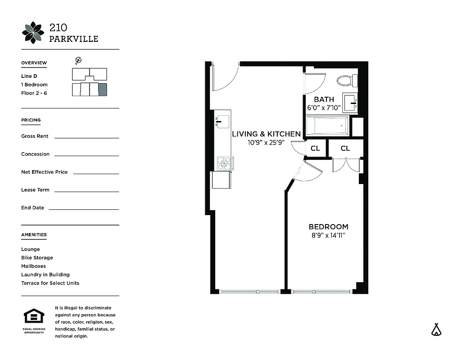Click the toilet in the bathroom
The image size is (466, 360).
coord(347,81)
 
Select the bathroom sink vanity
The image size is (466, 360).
coord(350,103)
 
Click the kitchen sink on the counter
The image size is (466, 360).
coord(222,121)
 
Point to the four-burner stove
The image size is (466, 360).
coord(224,163)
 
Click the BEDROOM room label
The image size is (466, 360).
coord(328,227)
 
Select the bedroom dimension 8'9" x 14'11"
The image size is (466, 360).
coord(328,235)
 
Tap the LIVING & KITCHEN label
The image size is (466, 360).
coord(266,134)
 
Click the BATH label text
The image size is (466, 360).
coord(324,99)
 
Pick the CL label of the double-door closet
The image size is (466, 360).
coord(345,148)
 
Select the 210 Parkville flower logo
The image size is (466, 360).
coord(33,33)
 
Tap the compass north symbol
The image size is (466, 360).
coord(78,60)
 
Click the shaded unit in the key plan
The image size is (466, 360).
coord(103,89)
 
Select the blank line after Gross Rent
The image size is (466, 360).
coord(86,137)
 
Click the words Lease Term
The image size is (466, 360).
coord(35,190)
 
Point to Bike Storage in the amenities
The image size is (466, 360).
coord(37,258)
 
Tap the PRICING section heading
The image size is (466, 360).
coord(31,120)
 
